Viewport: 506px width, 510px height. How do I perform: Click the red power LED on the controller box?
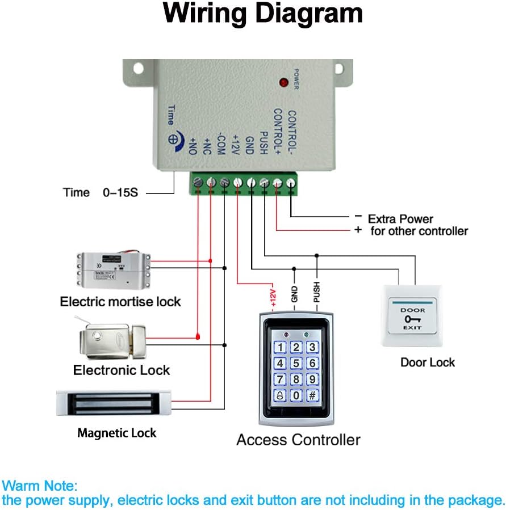[283, 83]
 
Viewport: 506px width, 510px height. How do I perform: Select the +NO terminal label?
[194, 147]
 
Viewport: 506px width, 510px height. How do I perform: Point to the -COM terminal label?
[221, 145]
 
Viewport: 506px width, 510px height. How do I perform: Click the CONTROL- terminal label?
[292, 133]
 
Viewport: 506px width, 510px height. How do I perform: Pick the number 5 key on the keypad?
[296, 363]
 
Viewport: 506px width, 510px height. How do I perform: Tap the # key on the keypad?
[312, 395]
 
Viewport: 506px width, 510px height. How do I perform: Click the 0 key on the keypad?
[296, 395]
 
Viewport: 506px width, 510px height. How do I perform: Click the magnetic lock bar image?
[114, 403]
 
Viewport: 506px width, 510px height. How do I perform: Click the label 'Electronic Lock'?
[122, 370]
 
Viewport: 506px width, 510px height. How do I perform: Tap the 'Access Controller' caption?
[298, 440]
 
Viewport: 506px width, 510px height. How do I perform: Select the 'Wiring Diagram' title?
[263, 14]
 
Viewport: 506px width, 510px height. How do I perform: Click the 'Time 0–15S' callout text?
[101, 192]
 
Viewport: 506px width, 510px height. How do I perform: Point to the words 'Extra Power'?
[400, 218]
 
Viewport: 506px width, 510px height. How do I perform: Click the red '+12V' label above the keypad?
[273, 295]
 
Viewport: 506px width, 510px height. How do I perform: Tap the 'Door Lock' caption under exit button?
[428, 362]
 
